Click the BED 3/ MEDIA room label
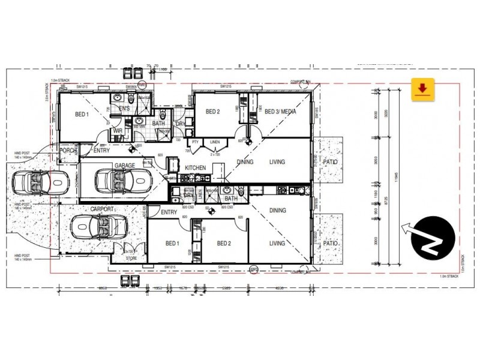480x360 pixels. point(279,112)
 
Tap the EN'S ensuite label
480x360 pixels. point(124,108)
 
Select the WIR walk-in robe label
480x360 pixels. point(118,130)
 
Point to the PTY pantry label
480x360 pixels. point(195,142)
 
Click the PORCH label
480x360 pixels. point(68,151)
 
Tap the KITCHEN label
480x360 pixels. point(195,167)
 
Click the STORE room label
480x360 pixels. point(131,259)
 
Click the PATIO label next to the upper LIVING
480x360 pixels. point(329,162)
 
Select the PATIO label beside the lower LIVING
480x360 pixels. point(329,244)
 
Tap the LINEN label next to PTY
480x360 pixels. point(215,142)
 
